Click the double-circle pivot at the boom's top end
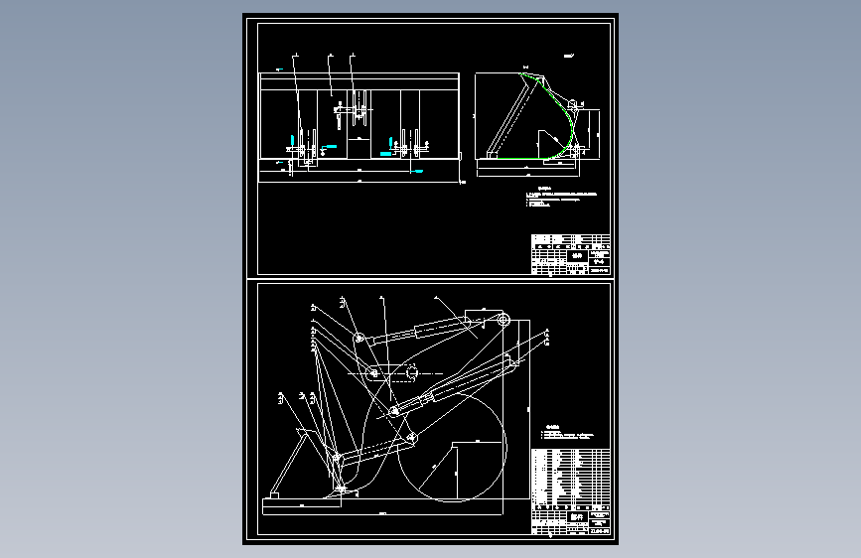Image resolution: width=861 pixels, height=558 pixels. click(x=503, y=320)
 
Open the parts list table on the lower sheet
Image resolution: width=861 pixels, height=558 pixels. click(x=570, y=477)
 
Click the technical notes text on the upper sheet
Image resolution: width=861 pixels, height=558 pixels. click(x=561, y=197)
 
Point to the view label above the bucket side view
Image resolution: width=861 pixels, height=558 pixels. click(x=568, y=57)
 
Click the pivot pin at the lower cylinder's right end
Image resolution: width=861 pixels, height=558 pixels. click(x=513, y=362)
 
